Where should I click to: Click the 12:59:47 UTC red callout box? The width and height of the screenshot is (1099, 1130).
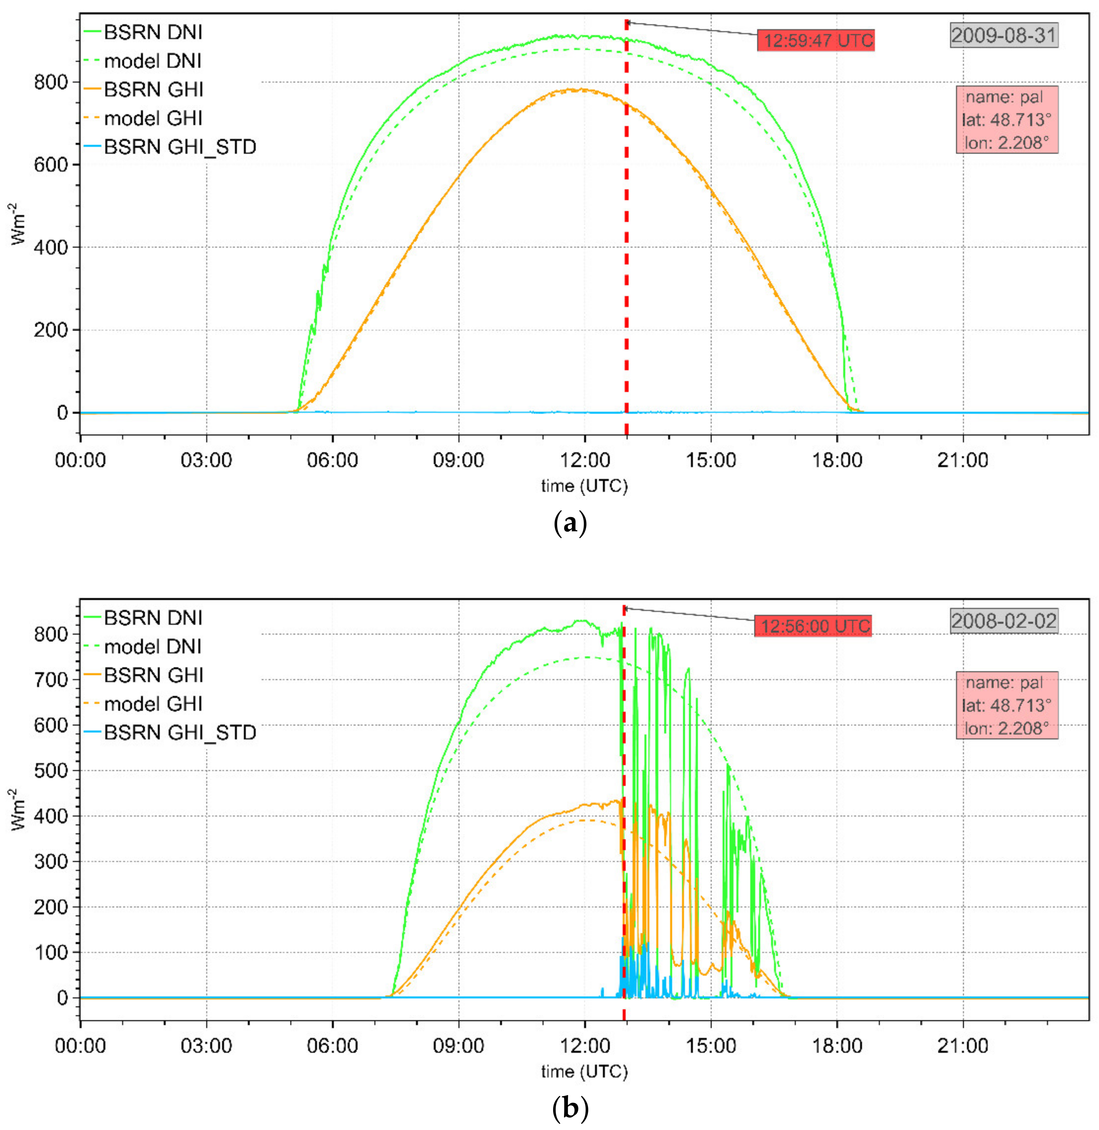pyautogui.click(x=815, y=40)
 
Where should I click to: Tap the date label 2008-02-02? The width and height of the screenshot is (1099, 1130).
pyautogui.click(x=1004, y=621)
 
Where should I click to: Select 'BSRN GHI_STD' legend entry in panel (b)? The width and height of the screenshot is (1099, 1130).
pyautogui.click(x=180, y=733)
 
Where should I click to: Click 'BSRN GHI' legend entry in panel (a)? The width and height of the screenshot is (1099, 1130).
pyautogui.click(x=153, y=90)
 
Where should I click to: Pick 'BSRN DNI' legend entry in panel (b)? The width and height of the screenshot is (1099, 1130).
pyautogui.click(x=153, y=618)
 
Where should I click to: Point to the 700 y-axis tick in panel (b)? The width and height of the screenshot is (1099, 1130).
pyautogui.click(x=51, y=680)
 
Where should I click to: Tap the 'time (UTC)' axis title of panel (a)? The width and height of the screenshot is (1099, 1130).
pyautogui.click(x=584, y=486)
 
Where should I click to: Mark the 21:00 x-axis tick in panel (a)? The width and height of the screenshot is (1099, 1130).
pyautogui.click(x=963, y=460)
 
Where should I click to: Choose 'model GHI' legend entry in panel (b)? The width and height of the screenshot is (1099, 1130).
pyautogui.click(x=153, y=704)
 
